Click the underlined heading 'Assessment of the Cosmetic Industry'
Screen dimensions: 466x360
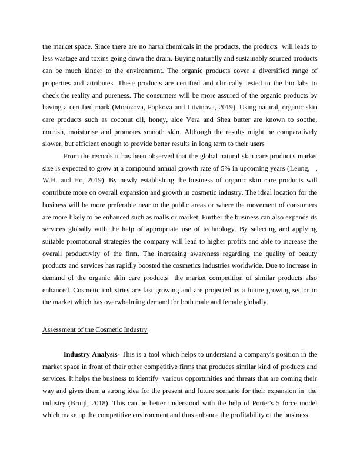(95, 330)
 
